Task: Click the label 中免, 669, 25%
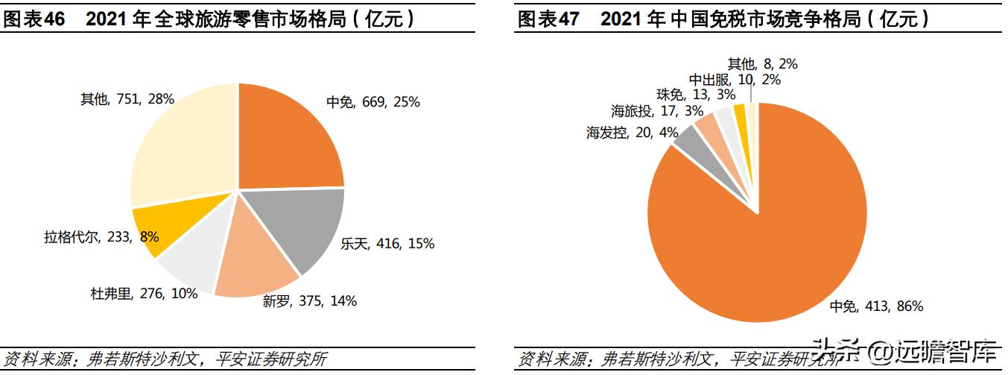(373, 102)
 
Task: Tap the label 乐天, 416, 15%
(387, 244)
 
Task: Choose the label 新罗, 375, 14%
(309, 301)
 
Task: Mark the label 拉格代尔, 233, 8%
(101, 237)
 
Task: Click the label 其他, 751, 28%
(127, 98)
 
